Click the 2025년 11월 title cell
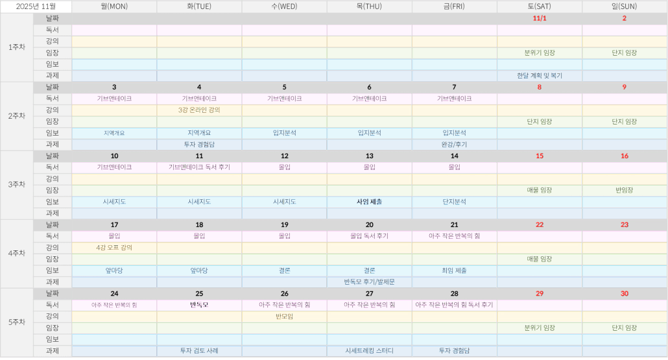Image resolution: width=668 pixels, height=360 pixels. pos(36,6)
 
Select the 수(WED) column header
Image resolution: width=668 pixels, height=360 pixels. pos(284,6)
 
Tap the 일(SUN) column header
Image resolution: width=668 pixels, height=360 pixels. pos(625,6)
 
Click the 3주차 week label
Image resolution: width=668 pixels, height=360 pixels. pos(17,184)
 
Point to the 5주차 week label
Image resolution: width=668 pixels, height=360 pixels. pos(17,322)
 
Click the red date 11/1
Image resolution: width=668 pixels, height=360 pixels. pos(539,18)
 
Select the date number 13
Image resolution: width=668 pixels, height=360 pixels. pos(369,156)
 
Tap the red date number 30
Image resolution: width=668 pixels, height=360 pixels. pos(625,293)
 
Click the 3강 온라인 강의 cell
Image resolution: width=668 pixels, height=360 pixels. pos(199,110)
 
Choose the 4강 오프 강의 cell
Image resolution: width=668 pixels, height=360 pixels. pos(114,247)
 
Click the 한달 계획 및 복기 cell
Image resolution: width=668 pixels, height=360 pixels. pos(539,75)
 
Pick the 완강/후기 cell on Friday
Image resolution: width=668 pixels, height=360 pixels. pos(454,145)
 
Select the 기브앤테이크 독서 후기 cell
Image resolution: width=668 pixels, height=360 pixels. pos(199,167)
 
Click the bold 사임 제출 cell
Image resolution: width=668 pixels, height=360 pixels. pos(369,202)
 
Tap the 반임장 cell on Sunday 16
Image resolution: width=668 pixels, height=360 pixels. pos(625,190)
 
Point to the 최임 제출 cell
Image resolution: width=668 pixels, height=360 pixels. pos(454,270)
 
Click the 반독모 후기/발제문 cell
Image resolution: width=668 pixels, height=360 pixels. pos(369,282)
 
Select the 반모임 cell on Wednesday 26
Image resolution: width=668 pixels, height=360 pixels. pos(284,317)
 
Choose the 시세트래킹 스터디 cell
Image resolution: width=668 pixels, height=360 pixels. pos(369,351)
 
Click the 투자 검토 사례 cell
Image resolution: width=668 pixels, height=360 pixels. pos(199,351)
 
